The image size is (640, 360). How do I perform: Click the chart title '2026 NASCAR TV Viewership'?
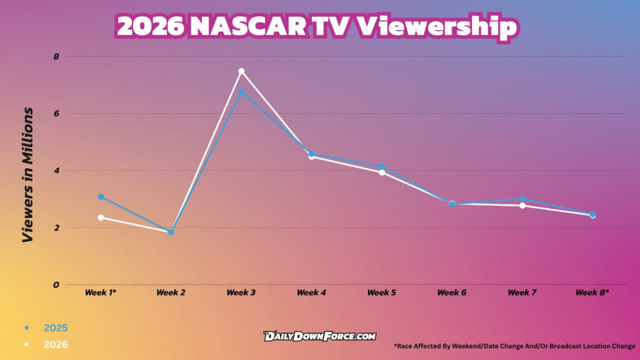point(317,27)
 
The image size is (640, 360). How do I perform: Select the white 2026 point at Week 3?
point(241,71)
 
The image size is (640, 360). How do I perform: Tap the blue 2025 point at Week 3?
point(241,92)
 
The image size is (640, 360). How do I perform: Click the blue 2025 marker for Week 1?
point(101,197)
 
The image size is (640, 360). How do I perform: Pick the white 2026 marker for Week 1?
point(101,217)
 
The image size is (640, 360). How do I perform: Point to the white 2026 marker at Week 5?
point(382,172)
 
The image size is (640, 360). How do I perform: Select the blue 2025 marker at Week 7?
point(522,199)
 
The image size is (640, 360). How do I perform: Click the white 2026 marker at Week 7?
point(522,206)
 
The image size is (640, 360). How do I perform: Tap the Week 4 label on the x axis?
point(311,292)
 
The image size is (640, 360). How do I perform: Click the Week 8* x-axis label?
point(592,292)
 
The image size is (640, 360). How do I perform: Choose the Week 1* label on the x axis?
point(101,292)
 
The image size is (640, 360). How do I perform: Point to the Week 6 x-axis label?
point(452,292)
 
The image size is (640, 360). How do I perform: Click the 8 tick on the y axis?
point(56,57)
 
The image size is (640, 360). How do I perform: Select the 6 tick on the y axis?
point(56,114)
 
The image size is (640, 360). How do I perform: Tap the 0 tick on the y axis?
point(56,285)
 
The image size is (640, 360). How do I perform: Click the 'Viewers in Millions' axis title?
point(27,175)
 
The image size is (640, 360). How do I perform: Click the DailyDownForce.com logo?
point(319,336)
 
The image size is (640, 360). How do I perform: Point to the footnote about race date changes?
point(514,346)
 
